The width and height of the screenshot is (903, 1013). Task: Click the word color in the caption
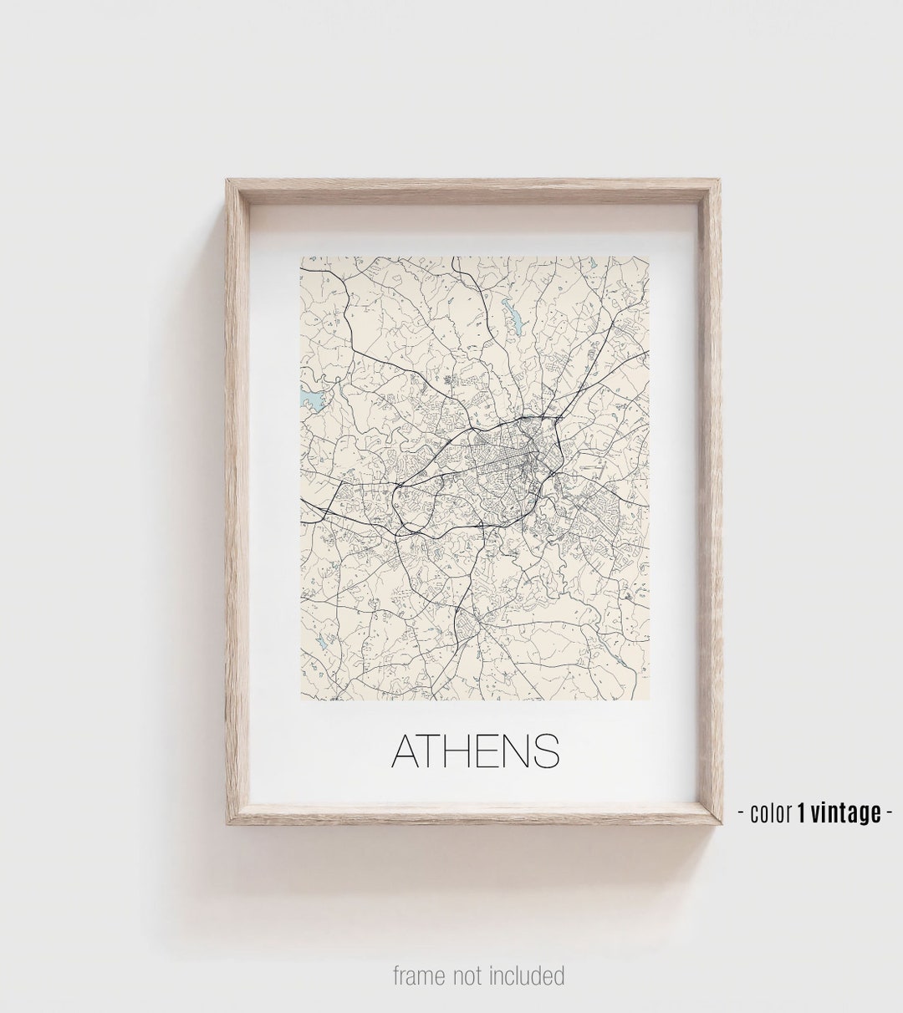tap(770, 812)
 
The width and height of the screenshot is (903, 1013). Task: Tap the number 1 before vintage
tap(801, 812)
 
